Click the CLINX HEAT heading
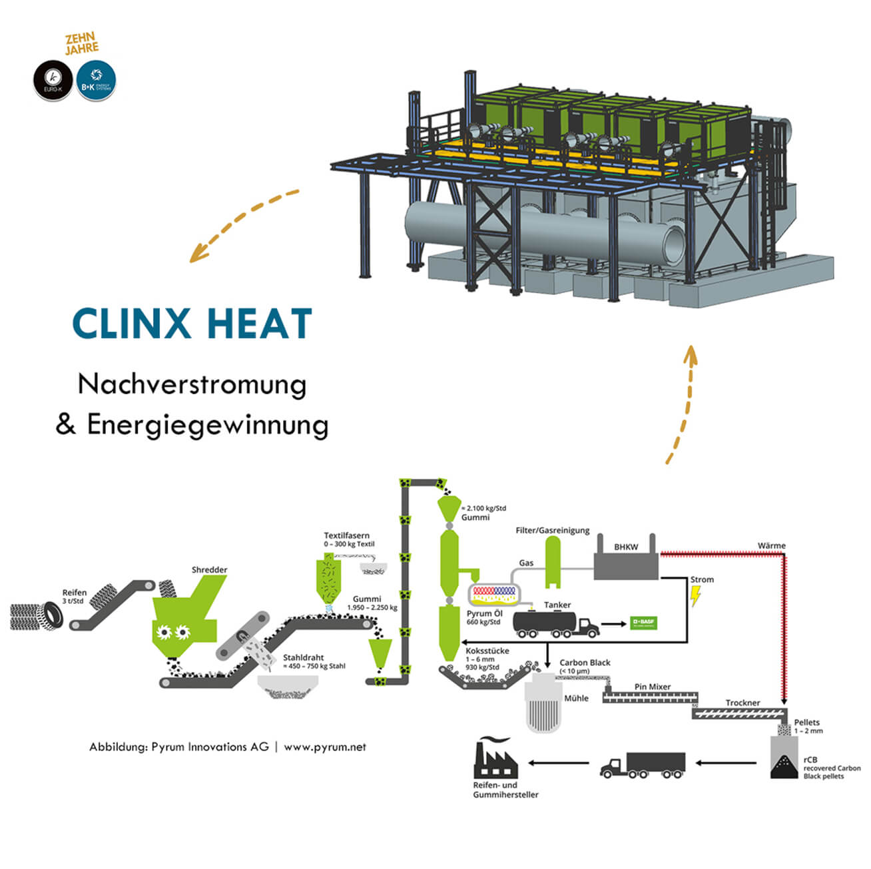pos(192,324)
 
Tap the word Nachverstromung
pos(192,384)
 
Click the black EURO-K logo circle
pos(53,82)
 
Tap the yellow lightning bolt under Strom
pos(696,596)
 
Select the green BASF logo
pos(643,624)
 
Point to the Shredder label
pos(209,569)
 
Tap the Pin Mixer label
pos(653,687)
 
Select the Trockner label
pos(742,703)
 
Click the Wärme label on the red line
pos(771,545)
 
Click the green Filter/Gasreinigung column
pos(553,562)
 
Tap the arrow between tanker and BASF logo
pos(613,625)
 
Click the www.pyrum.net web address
pos(325,747)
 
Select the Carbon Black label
pos(585,663)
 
